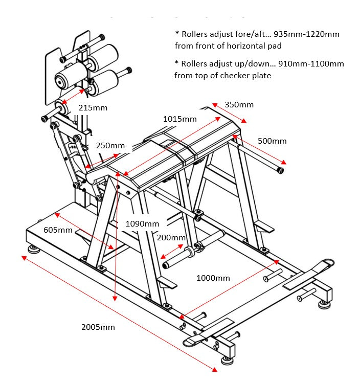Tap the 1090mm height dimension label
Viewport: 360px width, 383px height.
[142, 223]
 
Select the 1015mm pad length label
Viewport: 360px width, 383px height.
[180, 119]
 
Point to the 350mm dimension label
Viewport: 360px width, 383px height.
[239, 105]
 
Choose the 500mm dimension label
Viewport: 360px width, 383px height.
[272, 141]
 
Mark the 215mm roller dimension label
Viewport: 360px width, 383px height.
[93, 108]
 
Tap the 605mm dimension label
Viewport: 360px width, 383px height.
[58, 230]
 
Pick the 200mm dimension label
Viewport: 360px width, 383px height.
[171, 238]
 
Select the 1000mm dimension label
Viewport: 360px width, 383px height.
[213, 278]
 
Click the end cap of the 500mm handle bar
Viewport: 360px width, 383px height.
[280, 170]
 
